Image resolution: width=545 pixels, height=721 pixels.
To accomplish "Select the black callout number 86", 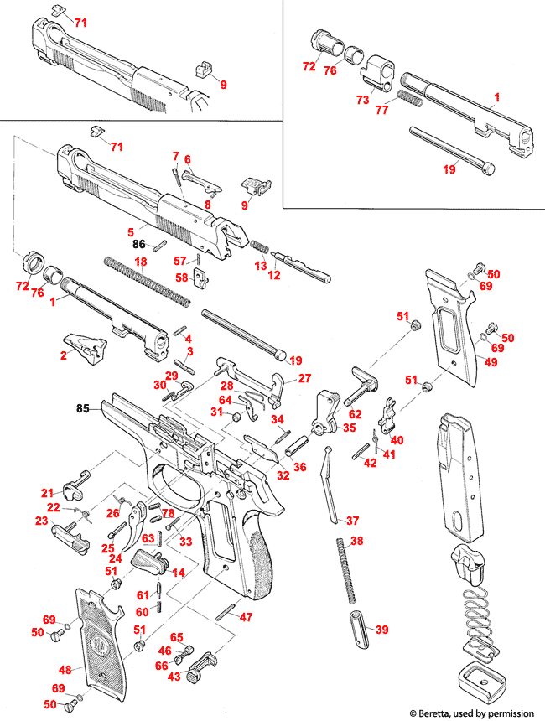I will click(x=139, y=245).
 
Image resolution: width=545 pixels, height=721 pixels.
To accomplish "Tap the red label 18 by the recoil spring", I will click(x=141, y=262).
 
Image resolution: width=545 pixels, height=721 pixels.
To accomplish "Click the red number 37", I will click(x=352, y=521).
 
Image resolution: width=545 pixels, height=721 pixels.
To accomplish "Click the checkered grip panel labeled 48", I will click(x=99, y=637).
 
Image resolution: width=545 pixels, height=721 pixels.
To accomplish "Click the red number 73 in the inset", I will click(x=362, y=100).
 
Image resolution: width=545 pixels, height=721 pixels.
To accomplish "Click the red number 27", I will click(x=304, y=378).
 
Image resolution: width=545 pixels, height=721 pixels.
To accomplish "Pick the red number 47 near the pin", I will click(x=246, y=617).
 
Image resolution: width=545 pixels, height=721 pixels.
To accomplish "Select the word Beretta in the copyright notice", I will click(x=443, y=713).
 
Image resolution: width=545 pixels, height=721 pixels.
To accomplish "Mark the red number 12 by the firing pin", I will click(x=273, y=276).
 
